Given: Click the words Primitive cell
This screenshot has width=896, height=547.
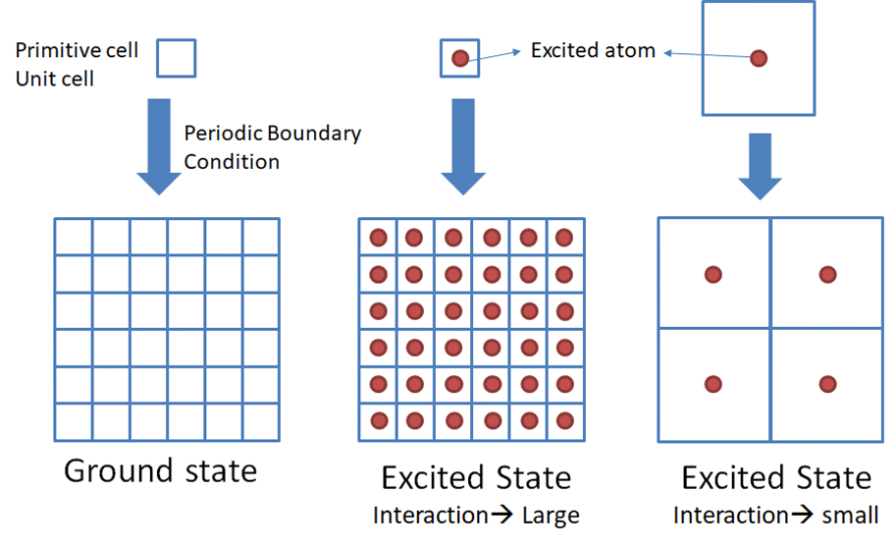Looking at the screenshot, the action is [x=77, y=50].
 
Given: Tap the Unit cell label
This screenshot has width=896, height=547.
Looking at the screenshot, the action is [x=55, y=79].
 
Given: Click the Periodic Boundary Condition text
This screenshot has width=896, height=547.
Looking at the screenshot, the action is [x=273, y=147].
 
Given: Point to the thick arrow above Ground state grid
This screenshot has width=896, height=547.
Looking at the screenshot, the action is [x=159, y=147].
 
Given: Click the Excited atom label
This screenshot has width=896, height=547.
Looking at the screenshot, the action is [x=593, y=50].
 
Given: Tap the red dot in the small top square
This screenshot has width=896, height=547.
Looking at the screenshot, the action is [x=460, y=58].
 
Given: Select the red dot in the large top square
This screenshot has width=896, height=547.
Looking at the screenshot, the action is [x=759, y=58].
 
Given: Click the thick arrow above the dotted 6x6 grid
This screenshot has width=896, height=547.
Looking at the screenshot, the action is [x=463, y=147].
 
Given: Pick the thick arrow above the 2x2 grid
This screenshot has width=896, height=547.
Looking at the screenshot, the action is [x=760, y=166].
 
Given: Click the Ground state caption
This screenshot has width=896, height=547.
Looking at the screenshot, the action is [x=161, y=471].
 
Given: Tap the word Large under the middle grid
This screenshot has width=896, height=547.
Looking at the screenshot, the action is [x=551, y=516].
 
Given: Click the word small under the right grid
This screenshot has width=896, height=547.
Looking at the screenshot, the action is [x=850, y=515].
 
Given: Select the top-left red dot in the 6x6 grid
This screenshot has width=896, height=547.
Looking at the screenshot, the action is [x=378, y=238].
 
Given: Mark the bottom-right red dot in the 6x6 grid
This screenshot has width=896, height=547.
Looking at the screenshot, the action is [x=564, y=421].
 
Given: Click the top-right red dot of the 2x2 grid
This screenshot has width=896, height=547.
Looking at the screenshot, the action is [x=827, y=274].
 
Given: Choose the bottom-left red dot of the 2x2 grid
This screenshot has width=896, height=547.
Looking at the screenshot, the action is [x=713, y=384].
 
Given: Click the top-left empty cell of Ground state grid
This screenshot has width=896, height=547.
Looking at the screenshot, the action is [x=74, y=238].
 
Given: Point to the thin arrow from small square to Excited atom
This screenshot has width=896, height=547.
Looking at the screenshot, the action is [x=495, y=55].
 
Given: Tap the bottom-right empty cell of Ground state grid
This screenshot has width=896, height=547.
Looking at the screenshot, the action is [x=261, y=422].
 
